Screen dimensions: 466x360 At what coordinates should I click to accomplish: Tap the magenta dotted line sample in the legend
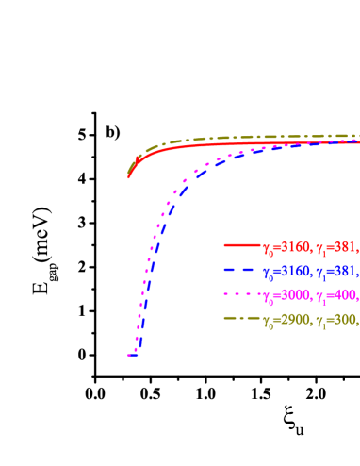pos(241,294)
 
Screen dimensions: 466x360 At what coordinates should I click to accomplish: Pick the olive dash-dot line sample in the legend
pos(241,319)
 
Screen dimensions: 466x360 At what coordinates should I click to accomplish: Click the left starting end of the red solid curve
pos(129,175)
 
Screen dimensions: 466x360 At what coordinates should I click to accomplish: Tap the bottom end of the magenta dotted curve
pos(130,355)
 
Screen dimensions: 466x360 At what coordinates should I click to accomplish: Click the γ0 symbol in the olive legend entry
pos(268,322)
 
